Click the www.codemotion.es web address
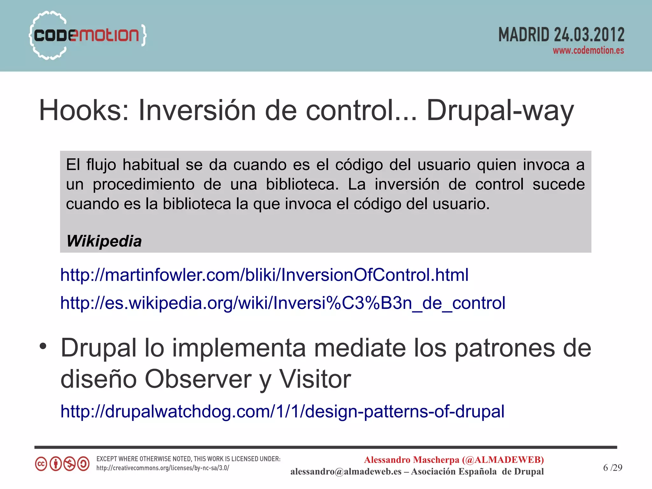[588, 50]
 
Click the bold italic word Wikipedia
[104, 241]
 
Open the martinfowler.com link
[264, 275]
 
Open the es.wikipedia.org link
[283, 303]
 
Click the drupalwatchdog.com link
[282, 411]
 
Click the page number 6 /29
[612, 467]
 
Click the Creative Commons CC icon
[41, 464]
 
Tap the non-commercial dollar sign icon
[69, 464]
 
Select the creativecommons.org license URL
[163, 468]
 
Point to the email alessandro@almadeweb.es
[346, 471]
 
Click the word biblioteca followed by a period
[302, 184]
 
